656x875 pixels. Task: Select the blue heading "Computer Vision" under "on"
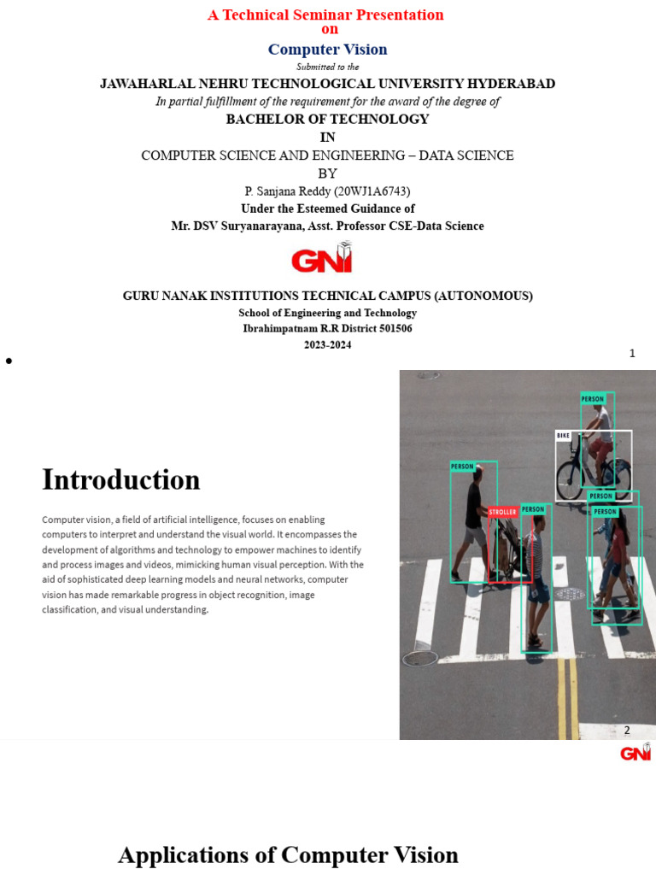point(327,50)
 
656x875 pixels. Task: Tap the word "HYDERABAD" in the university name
point(511,84)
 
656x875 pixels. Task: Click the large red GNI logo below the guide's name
point(321,258)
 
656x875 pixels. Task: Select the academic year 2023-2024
point(327,345)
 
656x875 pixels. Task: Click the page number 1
point(632,353)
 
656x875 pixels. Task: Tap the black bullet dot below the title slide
point(9,361)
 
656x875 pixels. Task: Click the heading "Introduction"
point(121,479)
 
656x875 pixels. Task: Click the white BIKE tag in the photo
point(563,436)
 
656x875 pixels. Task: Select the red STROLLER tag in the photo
point(502,512)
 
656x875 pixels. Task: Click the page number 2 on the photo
point(627,730)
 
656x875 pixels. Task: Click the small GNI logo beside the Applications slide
point(635,753)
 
